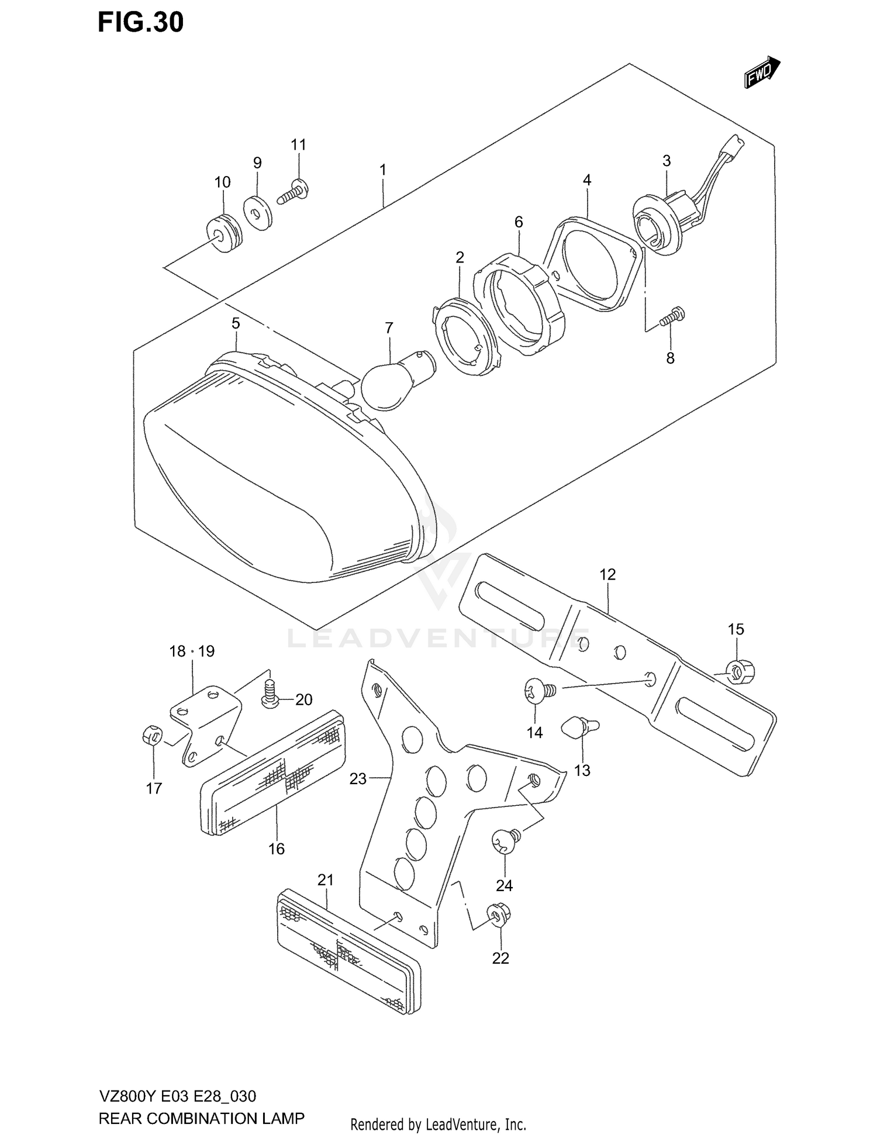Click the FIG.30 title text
[x=140, y=22]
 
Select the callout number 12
[x=607, y=574]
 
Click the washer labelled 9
[x=257, y=213]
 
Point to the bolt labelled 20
[x=270, y=694]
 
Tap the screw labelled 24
[x=506, y=840]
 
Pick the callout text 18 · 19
[x=192, y=651]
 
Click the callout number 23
[x=358, y=778]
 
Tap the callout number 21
[x=326, y=879]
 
